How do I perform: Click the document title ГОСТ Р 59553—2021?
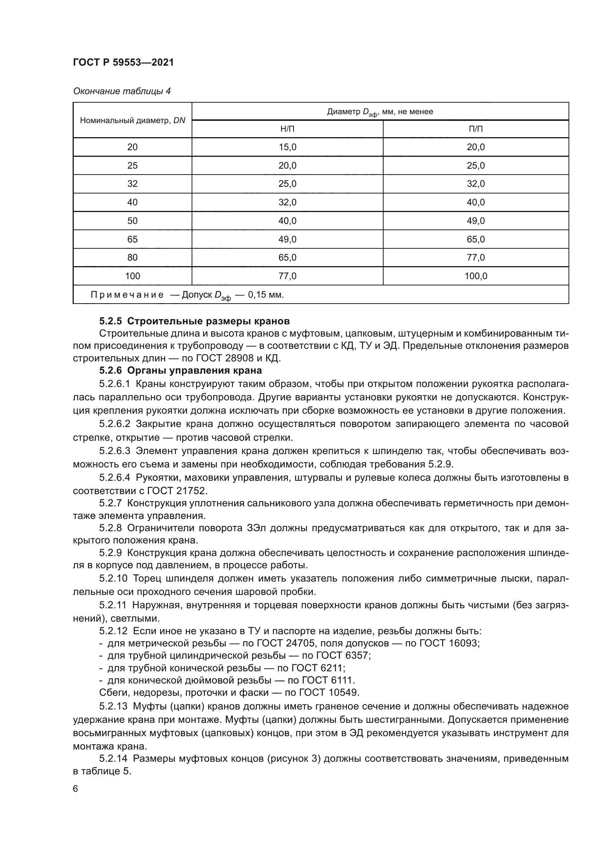click(x=123, y=63)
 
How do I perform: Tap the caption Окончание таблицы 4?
click(x=122, y=92)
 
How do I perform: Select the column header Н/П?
click(x=287, y=129)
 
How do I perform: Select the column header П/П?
click(x=476, y=129)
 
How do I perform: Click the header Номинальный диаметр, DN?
click(x=132, y=121)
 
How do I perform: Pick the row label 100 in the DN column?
click(x=132, y=276)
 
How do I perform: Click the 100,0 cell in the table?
click(x=476, y=276)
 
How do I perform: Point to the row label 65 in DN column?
click(x=132, y=239)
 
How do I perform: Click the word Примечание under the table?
click(x=127, y=295)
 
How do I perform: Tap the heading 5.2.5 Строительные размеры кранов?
click(x=195, y=321)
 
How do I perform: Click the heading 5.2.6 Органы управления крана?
click(x=180, y=370)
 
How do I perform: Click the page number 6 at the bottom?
click(x=76, y=789)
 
